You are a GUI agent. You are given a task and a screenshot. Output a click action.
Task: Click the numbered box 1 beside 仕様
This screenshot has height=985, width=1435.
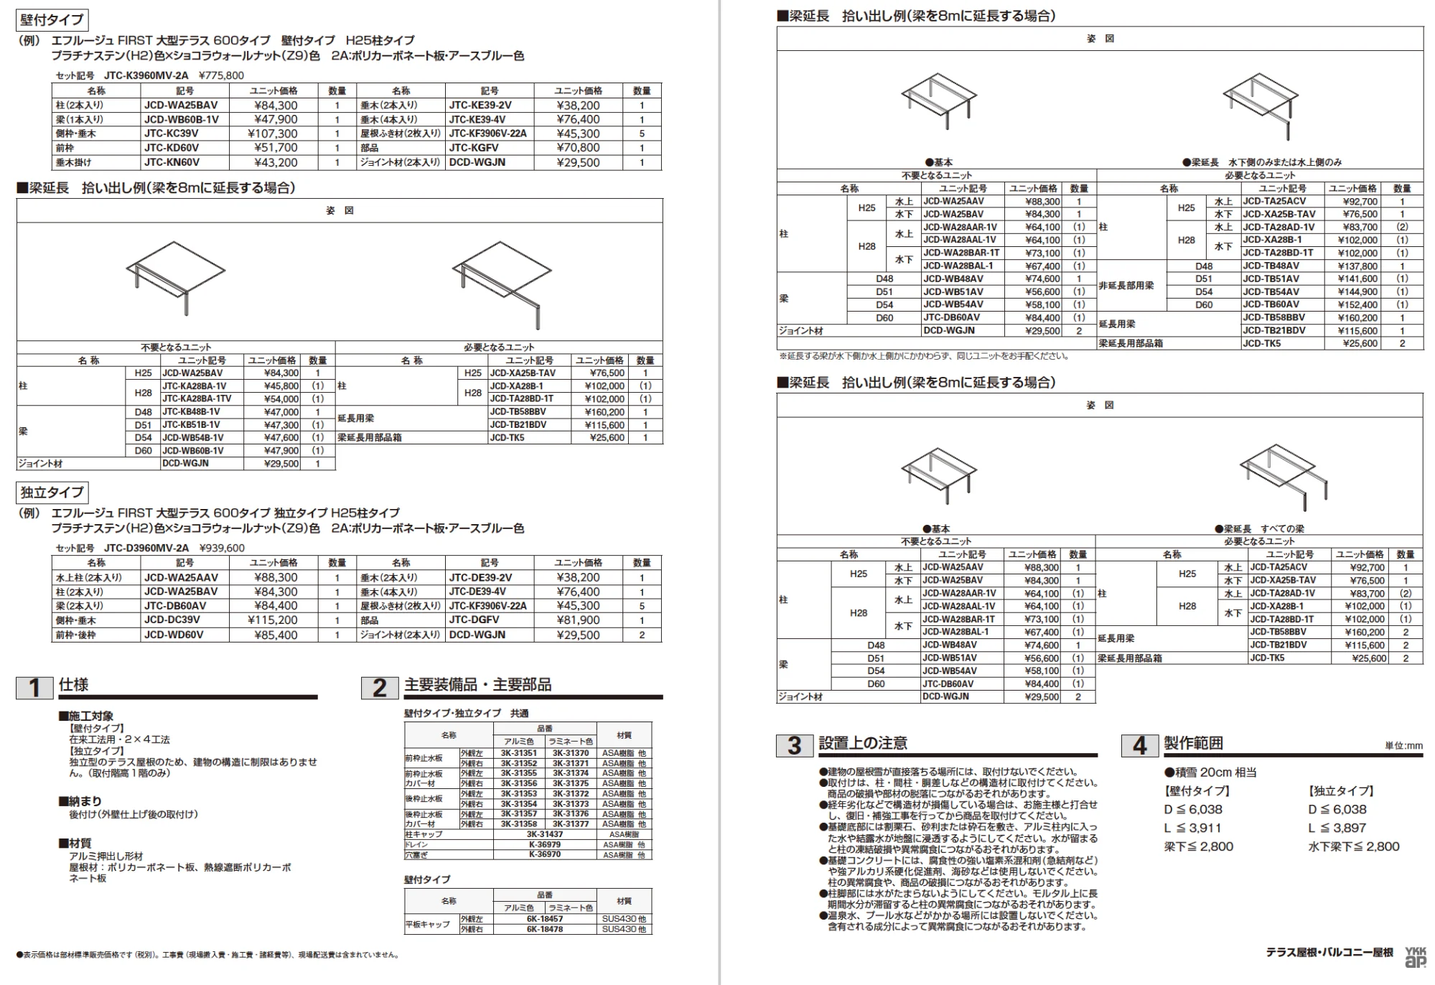point(34,688)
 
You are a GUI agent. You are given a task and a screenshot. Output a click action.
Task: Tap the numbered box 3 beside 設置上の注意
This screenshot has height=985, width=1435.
point(794,745)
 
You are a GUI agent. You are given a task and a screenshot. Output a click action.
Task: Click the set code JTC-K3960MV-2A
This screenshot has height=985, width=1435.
point(146,75)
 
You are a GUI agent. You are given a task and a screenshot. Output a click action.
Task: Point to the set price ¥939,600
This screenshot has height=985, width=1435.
point(222,548)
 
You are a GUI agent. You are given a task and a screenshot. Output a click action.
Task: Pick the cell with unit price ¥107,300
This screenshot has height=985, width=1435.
point(273,134)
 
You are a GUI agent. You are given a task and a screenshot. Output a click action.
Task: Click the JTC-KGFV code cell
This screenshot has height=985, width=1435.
point(490,148)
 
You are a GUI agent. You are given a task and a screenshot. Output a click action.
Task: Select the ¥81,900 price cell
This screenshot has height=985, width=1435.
point(579,620)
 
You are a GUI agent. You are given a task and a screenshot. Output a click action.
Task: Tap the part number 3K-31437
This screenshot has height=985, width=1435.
point(545,834)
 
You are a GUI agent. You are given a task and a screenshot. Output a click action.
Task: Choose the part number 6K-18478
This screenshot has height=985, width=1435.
point(545,929)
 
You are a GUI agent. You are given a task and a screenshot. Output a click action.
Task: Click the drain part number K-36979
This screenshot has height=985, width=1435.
point(545,845)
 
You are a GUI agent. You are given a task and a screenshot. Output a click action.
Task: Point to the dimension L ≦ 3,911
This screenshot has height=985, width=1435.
point(1192,828)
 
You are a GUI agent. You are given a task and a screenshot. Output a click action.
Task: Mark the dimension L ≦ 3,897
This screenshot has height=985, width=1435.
point(1337,828)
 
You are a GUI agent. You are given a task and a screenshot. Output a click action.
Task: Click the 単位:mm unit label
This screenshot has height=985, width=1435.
point(1403,746)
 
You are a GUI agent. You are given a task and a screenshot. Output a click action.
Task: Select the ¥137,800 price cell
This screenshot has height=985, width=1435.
point(1357,266)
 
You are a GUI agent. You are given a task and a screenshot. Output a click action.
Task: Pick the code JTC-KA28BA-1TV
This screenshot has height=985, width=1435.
point(197,399)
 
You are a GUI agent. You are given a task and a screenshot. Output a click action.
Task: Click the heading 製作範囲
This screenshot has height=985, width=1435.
point(1193,744)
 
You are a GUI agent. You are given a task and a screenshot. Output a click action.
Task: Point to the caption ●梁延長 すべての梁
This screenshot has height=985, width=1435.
point(1260,529)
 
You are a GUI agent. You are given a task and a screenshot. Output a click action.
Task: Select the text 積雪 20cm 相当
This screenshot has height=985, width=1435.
point(1210,772)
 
